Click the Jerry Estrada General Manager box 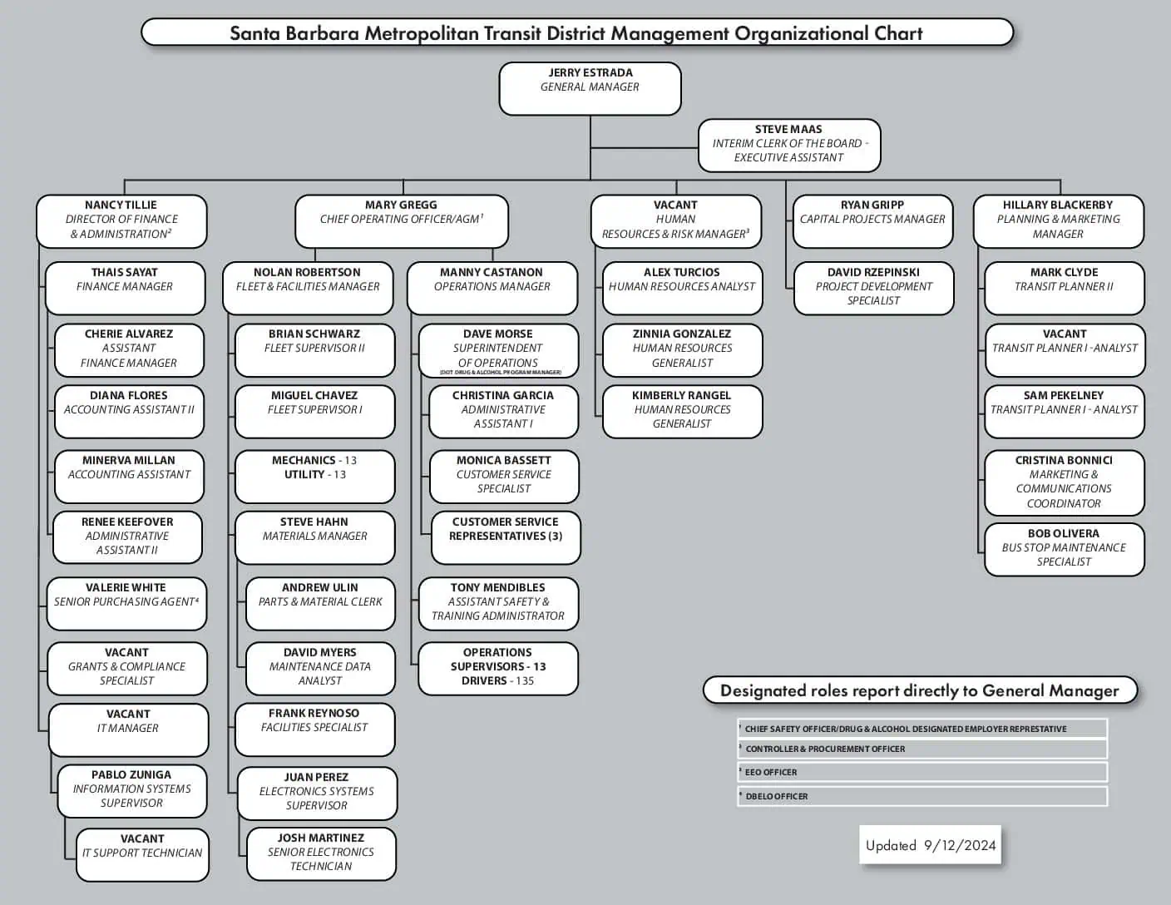(x=590, y=88)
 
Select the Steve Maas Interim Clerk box (x=788, y=145)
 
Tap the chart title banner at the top (x=576, y=33)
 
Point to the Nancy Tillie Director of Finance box (x=121, y=220)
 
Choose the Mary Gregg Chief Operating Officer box (x=401, y=220)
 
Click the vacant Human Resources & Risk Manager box (x=675, y=220)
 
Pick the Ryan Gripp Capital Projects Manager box (x=872, y=220)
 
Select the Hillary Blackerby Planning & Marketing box (x=1058, y=220)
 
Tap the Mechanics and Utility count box (x=314, y=476)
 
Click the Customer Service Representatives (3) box (x=505, y=537)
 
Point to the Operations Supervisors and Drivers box (x=497, y=667)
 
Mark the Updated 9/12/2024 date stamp (x=930, y=846)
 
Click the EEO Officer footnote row (x=921, y=772)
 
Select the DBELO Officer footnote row (x=921, y=796)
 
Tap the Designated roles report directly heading (x=919, y=690)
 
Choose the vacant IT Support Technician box (x=142, y=853)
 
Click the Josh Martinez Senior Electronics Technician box (x=321, y=853)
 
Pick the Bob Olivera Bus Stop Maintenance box (x=1064, y=548)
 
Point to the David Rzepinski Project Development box (x=873, y=288)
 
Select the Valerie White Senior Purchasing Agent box (x=126, y=603)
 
